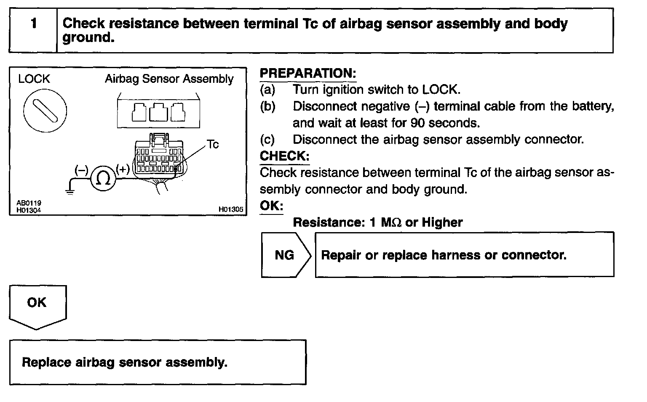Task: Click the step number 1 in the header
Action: click(x=33, y=24)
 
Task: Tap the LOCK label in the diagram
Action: click(x=34, y=79)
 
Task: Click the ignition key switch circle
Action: click(x=45, y=109)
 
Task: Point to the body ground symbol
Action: click(x=70, y=191)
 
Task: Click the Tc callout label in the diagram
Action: click(x=213, y=145)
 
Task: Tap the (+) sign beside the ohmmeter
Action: click(x=123, y=169)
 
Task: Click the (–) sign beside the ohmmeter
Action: click(x=81, y=170)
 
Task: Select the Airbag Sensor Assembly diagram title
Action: click(x=169, y=79)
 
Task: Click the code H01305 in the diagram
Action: click(x=230, y=209)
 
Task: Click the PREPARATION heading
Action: click(x=308, y=73)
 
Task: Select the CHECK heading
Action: click(x=285, y=156)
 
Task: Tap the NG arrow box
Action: click(x=285, y=255)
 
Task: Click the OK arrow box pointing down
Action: click(x=37, y=304)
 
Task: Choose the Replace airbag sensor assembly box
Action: click(x=158, y=362)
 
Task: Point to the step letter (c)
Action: click(x=267, y=140)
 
